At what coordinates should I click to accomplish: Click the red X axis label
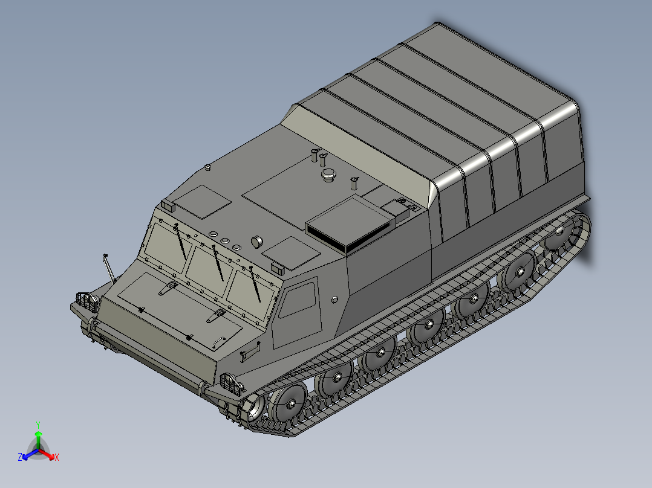[56, 458]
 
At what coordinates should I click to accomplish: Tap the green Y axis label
[37, 424]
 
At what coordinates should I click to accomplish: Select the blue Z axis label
[20, 458]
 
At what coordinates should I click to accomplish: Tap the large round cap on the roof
[328, 175]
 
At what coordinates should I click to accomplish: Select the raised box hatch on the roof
[350, 226]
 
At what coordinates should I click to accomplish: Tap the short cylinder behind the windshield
[257, 241]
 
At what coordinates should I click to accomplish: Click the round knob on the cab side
[335, 299]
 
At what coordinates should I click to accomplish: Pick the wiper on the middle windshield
[218, 263]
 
